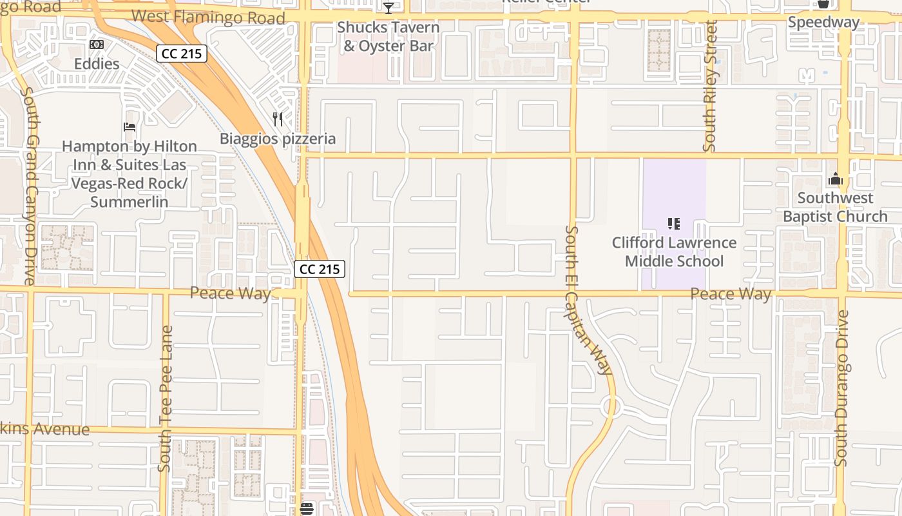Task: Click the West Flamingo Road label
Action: click(207, 17)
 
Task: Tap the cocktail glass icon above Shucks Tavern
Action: click(389, 8)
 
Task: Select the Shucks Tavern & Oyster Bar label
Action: click(389, 37)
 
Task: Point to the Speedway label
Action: click(823, 23)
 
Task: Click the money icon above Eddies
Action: click(97, 45)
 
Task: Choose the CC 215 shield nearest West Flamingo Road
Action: click(182, 54)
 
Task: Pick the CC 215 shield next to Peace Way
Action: click(320, 269)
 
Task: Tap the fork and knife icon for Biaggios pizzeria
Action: click(278, 119)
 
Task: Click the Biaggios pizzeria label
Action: click(278, 139)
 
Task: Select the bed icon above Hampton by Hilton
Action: click(130, 127)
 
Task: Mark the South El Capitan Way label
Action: click(588, 300)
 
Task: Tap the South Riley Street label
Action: click(711, 86)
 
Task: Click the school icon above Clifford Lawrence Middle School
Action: click(674, 224)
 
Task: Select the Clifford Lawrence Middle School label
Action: click(674, 252)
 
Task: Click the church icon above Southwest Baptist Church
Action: click(836, 179)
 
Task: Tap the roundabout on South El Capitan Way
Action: click(610, 407)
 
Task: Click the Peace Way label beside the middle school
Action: click(731, 294)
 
